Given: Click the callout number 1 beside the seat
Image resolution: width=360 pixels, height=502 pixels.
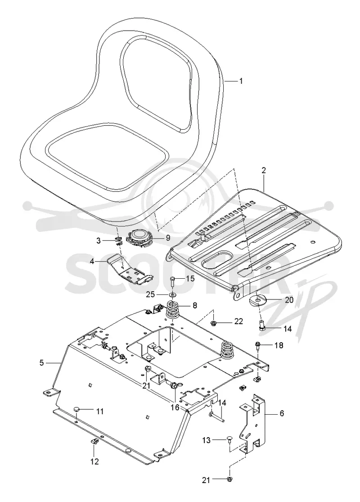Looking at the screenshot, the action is pos(241,81).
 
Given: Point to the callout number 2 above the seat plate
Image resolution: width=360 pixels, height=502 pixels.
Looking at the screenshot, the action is pos(264,170).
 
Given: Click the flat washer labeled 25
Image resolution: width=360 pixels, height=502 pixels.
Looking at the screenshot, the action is pos(173,294).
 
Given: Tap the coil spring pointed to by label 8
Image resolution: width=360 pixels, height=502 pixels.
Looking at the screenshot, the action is pos(173,310).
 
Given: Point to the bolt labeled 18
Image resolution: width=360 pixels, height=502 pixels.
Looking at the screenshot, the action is pos(258,345).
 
